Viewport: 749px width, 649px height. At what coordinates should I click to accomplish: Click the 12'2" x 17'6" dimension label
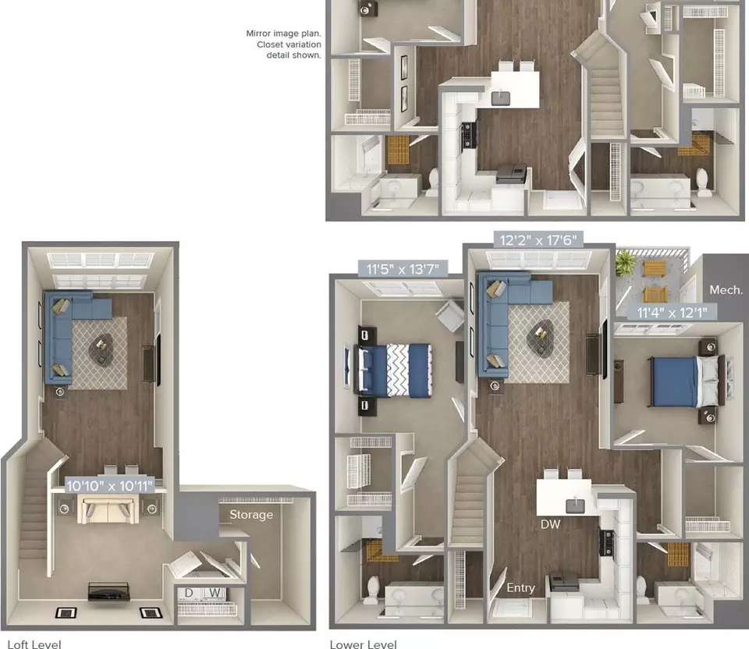[x=538, y=239]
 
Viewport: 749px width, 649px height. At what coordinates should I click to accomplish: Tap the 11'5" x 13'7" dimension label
[x=403, y=269]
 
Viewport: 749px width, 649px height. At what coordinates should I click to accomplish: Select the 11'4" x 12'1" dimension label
[x=672, y=313]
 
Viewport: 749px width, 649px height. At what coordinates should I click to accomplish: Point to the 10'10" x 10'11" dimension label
[x=109, y=486]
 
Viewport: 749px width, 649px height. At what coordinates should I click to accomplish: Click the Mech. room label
[x=726, y=290]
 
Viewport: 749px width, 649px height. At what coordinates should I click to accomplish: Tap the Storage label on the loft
[x=251, y=515]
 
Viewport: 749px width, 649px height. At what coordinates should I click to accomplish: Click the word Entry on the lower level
[x=520, y=588]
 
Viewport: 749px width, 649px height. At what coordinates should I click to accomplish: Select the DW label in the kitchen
[x=550, y=524]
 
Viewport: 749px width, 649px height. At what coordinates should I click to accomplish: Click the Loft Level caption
[x=34, y=644]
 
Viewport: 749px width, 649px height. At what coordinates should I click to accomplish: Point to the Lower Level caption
[x=363, y=644]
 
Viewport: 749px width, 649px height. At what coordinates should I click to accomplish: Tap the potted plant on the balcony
[x=625, y=264]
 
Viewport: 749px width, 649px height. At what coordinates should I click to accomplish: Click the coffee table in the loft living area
[x=101, y=349]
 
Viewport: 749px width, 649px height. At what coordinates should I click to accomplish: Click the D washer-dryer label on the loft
[x=189, y=593]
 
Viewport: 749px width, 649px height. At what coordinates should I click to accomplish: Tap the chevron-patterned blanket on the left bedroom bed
[x=398, y=371]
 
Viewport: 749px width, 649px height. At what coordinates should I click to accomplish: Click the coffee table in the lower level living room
[x=540, y=337]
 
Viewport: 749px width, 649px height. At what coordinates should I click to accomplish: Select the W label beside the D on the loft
[x=215, y=593]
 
